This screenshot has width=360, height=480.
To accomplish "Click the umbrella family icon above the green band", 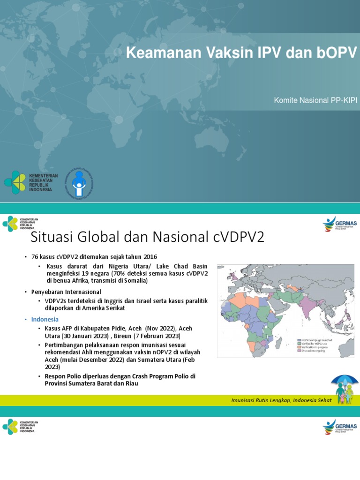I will [346, 390].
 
